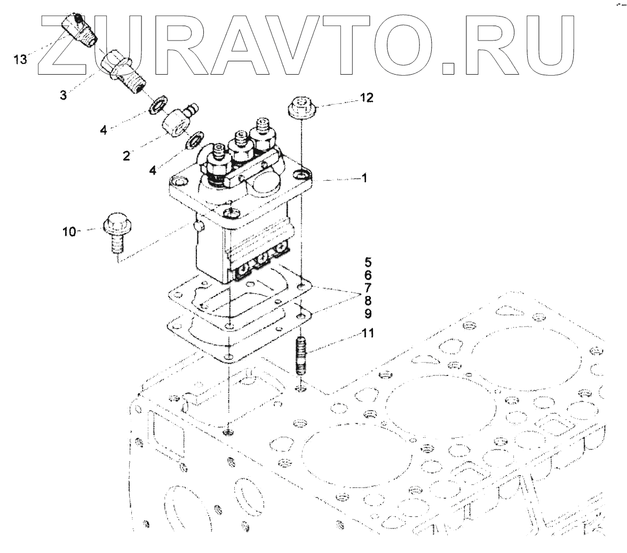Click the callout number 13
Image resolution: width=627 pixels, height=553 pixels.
tap(20, 59)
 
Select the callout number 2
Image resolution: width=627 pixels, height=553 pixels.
tap(126, 156)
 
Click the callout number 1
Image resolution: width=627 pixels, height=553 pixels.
tap(364, 179)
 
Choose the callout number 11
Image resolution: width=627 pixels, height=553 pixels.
tap(368, 334)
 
